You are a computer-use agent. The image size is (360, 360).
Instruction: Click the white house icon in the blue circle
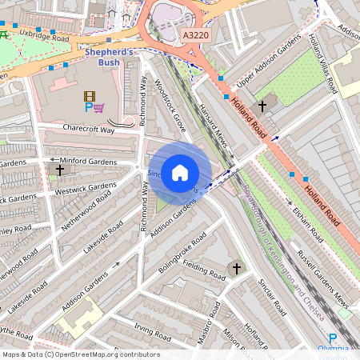tap(180, 172)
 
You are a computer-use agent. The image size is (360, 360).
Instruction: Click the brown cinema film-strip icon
tap(88, 96)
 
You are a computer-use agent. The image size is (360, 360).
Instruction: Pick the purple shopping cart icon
tap(99, 107)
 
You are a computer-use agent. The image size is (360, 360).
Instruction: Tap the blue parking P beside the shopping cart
tap(89, 107)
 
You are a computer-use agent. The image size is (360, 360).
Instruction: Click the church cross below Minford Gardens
tap(60, 170)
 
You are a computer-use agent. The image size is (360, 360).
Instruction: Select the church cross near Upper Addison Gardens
tap(262, 106)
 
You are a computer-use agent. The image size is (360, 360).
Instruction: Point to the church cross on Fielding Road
tap(235, 268)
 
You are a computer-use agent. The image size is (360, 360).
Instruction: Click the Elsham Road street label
tap(306, 225)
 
